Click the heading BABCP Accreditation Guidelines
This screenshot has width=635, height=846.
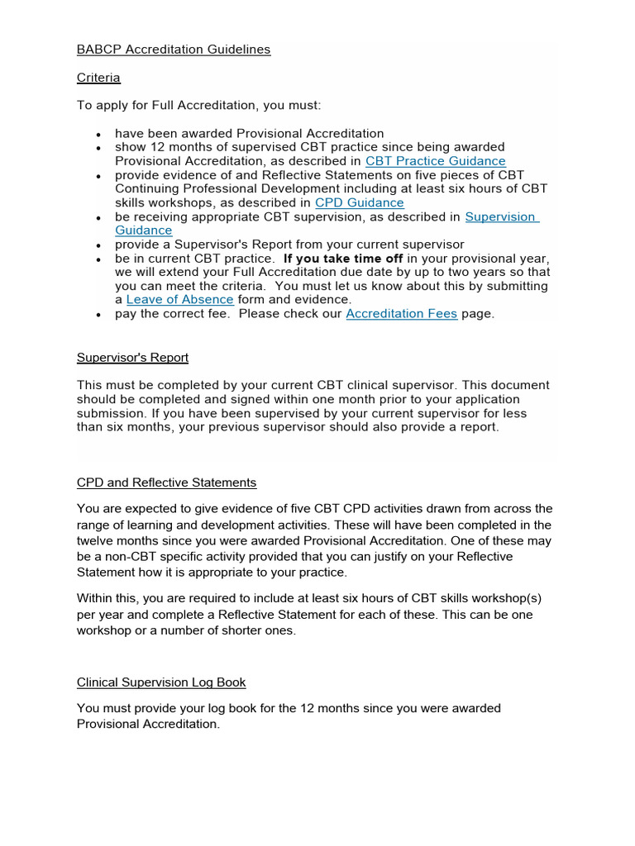174,50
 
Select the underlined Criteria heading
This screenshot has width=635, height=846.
98,78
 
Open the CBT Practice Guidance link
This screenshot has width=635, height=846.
435,161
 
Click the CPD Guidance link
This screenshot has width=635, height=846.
360,202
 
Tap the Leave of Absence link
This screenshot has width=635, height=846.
179,299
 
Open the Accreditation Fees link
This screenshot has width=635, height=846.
401,314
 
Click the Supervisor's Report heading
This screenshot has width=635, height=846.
132,358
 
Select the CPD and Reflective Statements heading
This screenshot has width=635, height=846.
166,482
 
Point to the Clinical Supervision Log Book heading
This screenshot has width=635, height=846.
161,682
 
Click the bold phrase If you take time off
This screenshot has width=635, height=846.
343,258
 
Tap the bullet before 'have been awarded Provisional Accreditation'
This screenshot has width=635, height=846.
98,134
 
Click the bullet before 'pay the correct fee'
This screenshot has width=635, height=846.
98,315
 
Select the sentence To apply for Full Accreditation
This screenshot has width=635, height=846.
198,106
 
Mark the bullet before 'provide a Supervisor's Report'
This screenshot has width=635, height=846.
98,245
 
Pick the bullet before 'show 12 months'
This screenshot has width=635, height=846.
98,148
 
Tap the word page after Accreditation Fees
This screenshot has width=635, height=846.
478,314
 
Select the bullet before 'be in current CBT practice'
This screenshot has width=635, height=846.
98,259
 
